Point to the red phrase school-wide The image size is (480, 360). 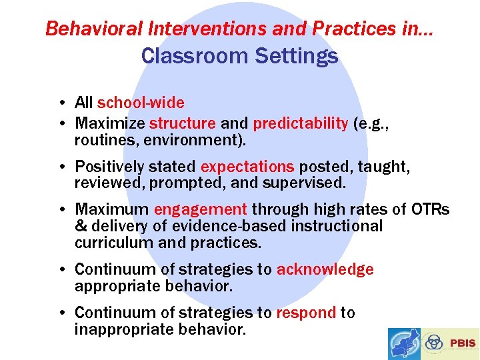[x=141, y=103]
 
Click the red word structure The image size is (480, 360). [x=183, y=123]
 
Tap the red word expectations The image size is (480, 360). [x=247, y=167]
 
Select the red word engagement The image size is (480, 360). [x=200, y=209]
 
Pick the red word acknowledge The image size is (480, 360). [x=325, y=269]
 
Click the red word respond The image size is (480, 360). [x=306, y=313]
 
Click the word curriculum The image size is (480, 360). [x=114, y=243]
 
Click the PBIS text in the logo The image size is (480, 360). [x=463, y=343]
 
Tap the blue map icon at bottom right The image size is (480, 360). [x=405, y=344]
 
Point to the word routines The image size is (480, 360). [x=101, y=140]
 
